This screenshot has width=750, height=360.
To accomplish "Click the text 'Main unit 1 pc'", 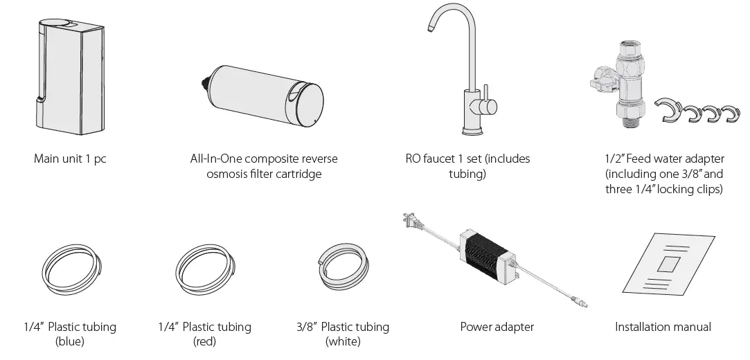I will (70, 159).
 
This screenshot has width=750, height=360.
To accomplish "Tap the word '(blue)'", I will (69, 341).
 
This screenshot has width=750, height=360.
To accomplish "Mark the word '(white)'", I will (342, 341).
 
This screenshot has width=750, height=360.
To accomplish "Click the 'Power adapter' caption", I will (497, 327).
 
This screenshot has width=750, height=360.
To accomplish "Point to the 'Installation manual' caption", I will (663, 327).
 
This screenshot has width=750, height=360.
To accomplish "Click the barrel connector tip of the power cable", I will (585, 303).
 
